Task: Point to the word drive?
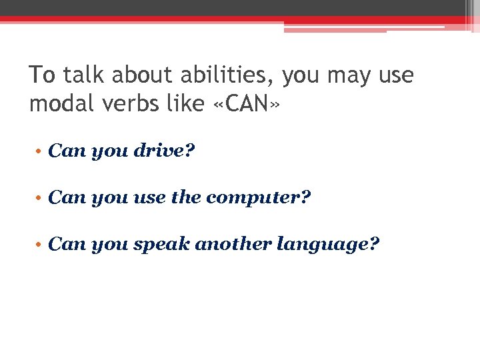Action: pyautogui.click(x=164, y=151)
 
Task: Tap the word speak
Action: pyautogui.click(x=161, y=245)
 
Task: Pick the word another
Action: pyautogui.click(x=233, y=245)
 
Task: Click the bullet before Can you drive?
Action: pyautogui.click(x=39, y=152)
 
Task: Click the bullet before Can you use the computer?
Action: pyautogui.click(x=39, y=199)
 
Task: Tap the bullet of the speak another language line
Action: pyautogui.click(x=39, y=245)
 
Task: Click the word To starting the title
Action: pyautogui.click(x=42, y=75)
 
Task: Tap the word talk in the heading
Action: pyautogui.click(x=85, y=75)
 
